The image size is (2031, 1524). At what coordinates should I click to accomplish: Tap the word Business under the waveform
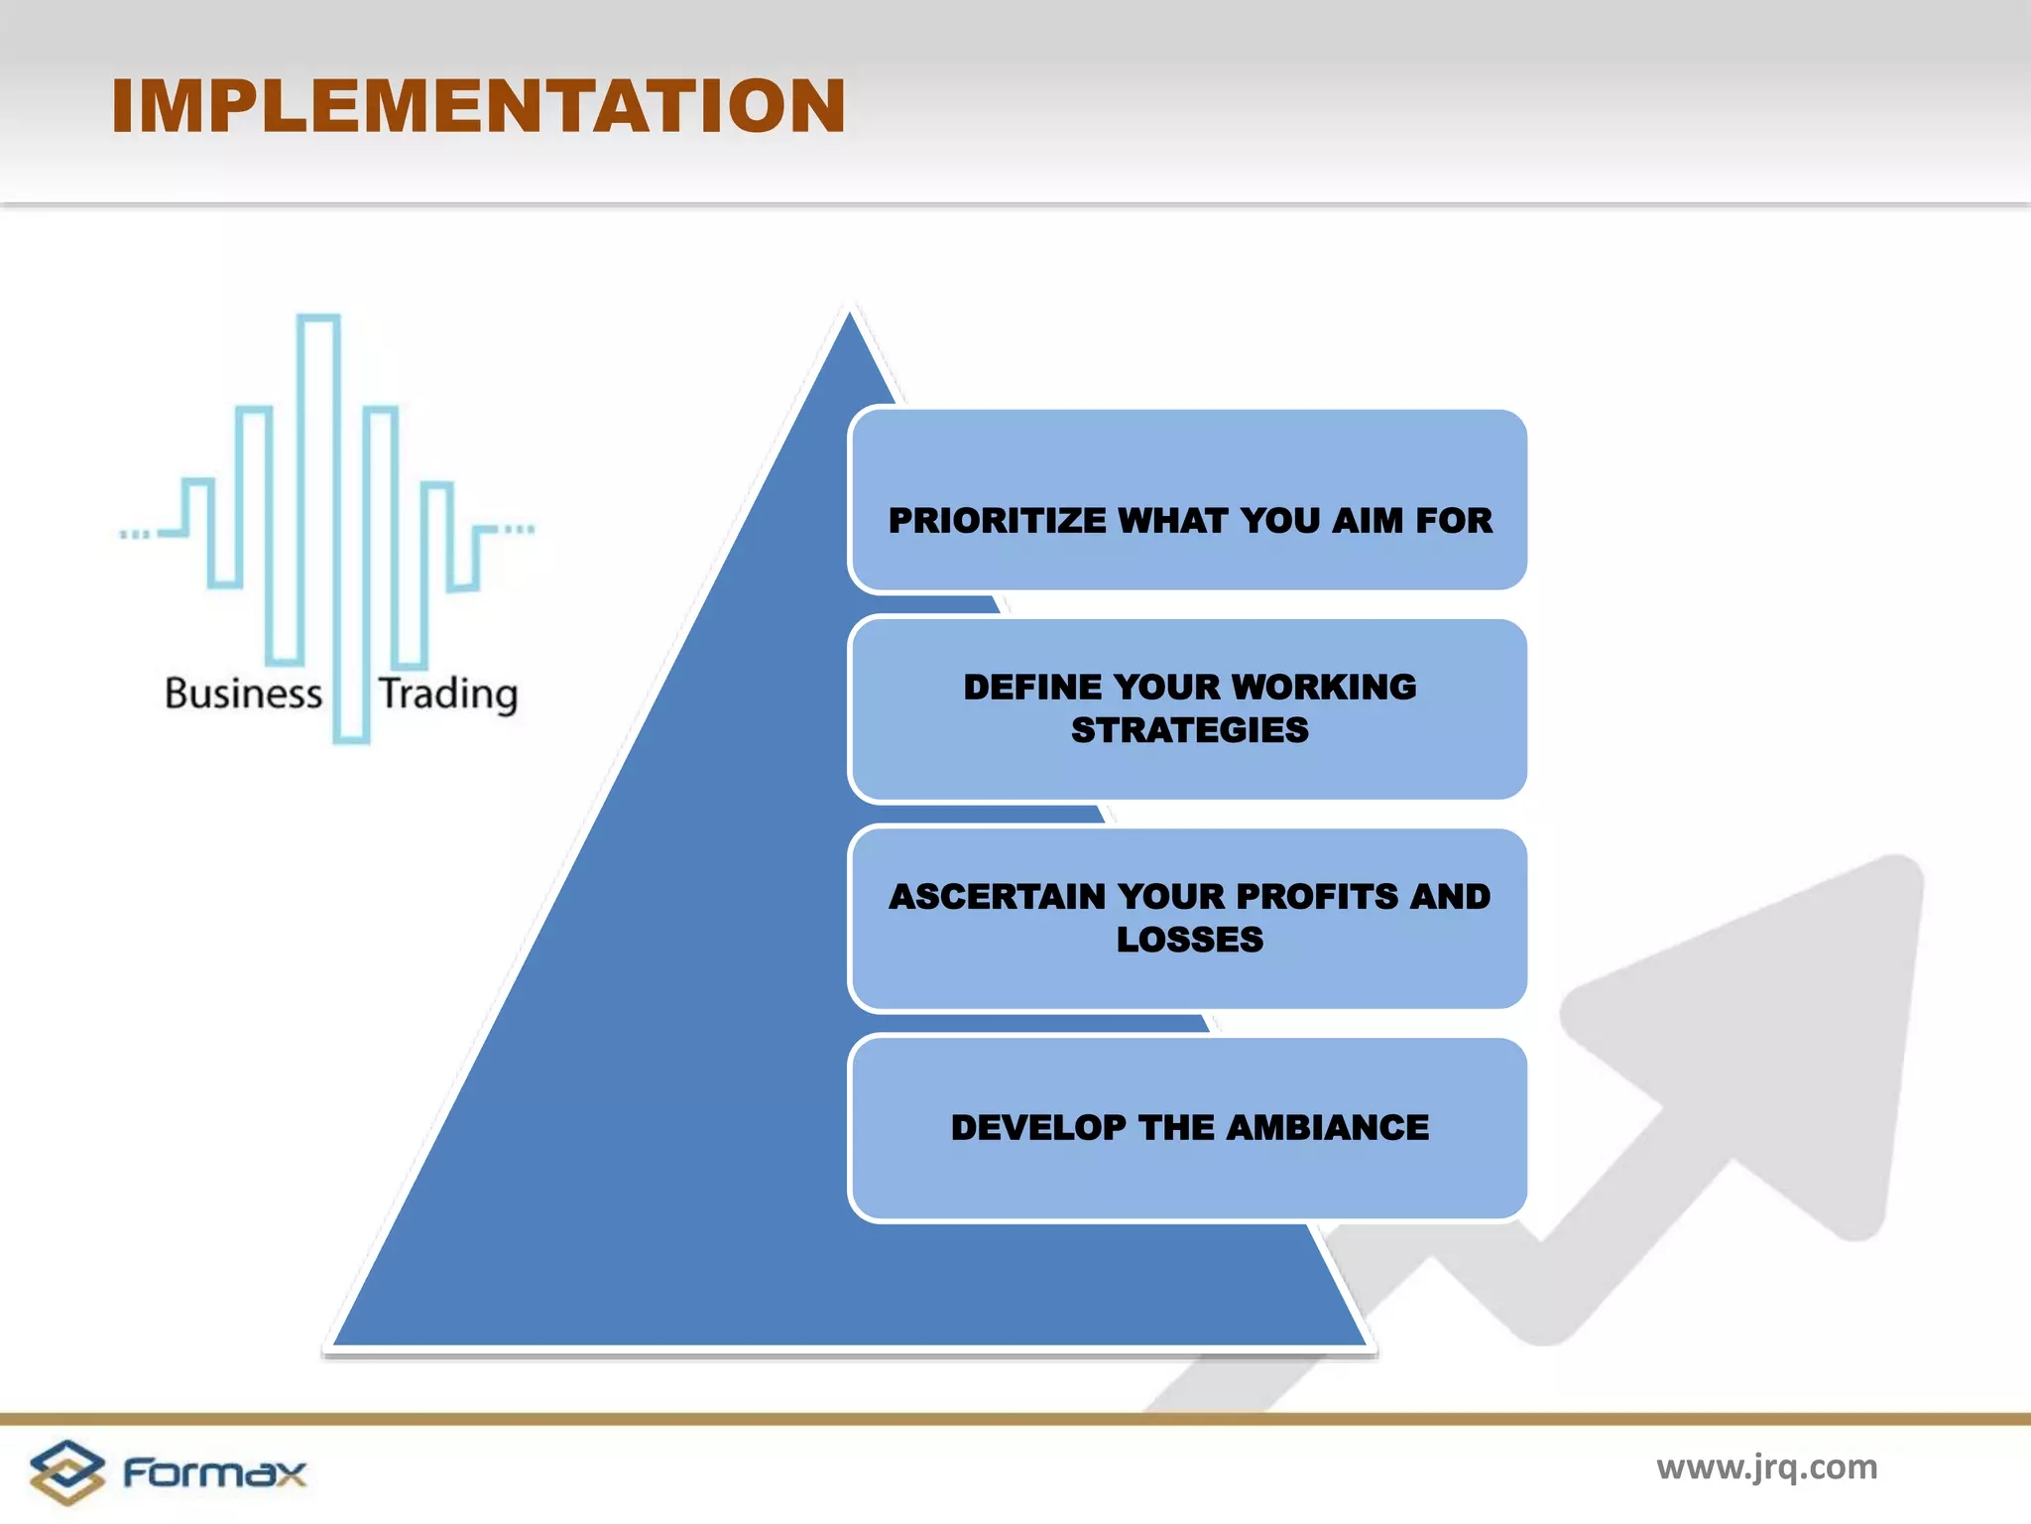pos(243,693)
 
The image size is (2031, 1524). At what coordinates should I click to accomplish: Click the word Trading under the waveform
pos(448,694)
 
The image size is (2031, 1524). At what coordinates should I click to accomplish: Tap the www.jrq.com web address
pos(1766,1466)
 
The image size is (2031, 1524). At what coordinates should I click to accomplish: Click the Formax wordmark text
pos(214,1472)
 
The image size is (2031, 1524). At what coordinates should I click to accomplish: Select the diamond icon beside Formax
pos(66,1471)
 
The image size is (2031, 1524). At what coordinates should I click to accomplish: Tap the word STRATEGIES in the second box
pos(1189,730)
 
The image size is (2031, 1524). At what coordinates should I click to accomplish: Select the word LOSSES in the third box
pos(1189,940)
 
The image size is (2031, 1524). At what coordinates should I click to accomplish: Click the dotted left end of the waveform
pos(135,535)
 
